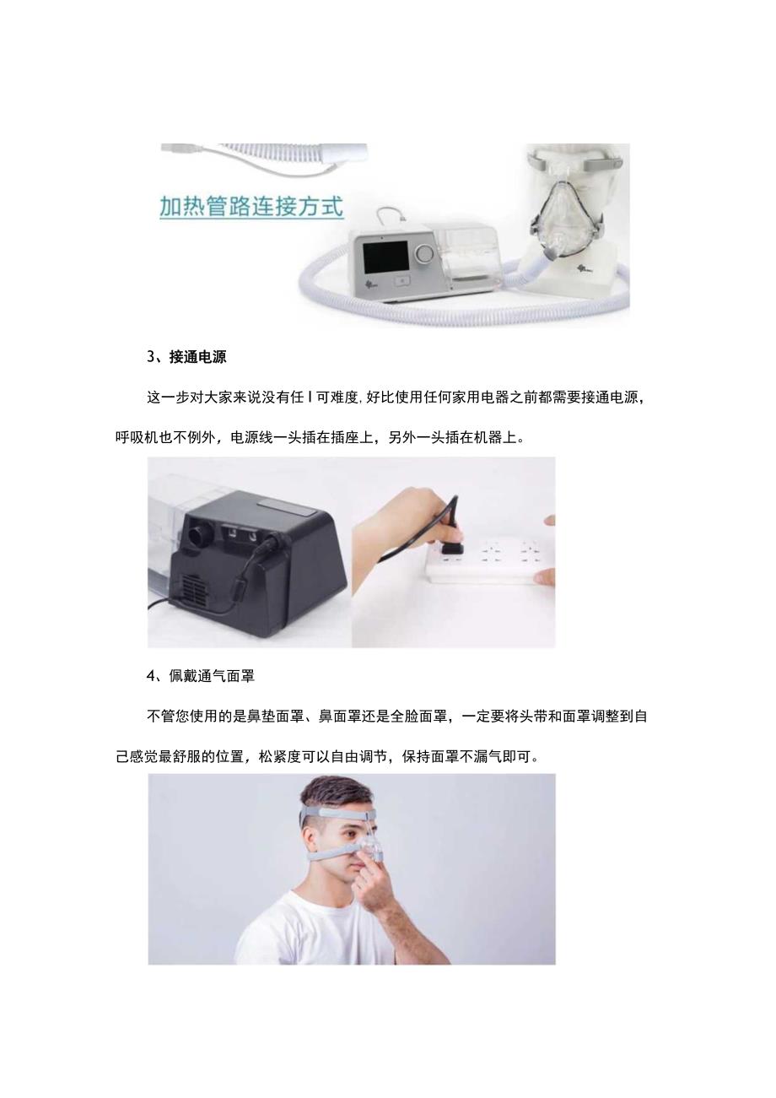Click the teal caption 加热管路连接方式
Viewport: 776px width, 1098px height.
pos(251,206)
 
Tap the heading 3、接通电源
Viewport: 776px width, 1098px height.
pos(186,357)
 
